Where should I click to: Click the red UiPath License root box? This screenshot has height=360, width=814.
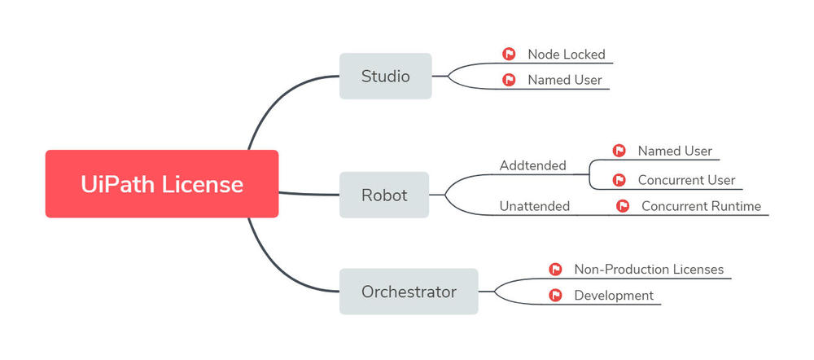(x=161, y=184)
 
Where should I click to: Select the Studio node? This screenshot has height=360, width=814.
(x=385, y=77)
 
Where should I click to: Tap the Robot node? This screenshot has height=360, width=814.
(x=383, y=195)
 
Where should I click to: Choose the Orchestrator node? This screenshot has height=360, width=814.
(x=409, y=292)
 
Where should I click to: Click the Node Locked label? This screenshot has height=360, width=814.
(x=566, y=55)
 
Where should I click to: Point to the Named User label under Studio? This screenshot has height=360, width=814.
(x=564, y=80)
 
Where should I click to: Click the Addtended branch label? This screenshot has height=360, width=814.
(x=532, y=165)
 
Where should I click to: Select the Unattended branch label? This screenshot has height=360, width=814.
(x=534, y=206)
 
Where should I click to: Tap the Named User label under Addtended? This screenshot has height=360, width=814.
(x=675, y=151)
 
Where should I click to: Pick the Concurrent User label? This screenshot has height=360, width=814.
(x=686, y=180)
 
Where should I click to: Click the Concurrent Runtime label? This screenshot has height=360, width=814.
(x=701, y=206)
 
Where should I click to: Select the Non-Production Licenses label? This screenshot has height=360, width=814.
(x=649, y=269)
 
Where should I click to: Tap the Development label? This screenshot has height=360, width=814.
(x=614, y=295)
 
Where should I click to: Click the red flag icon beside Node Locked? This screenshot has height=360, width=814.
(x=509, y=55)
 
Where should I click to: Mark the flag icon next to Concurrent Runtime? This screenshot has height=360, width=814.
(x=623, y=206)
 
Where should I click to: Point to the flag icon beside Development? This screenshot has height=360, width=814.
(x=556, y=295)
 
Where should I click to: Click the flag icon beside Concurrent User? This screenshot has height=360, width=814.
(x=619, y=180)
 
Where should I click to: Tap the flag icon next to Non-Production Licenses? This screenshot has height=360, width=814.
(x=556, y=269)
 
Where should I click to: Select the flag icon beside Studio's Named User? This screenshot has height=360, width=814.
(x=509, y=80)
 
